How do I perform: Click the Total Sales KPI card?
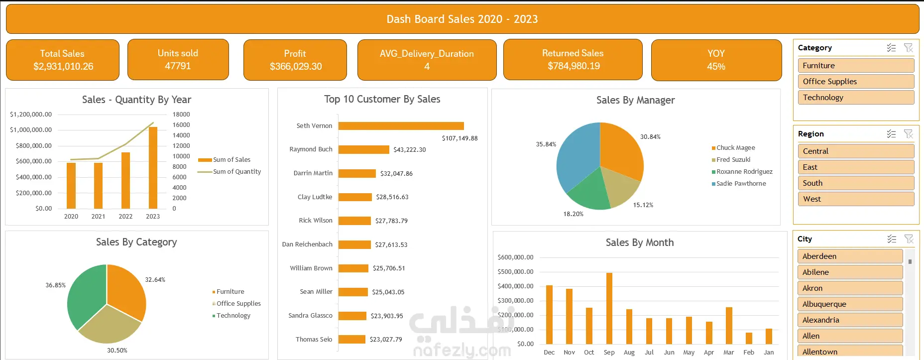[x=63, y=60]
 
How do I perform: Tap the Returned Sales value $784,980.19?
[x=574, y=66]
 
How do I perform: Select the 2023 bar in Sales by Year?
[x=153, y=168]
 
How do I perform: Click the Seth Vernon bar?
[x=401, y=126]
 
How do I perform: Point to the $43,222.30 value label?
[x=410, y=149]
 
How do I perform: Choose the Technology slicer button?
[x=856, y=97]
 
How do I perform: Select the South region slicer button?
[x=856, y=183]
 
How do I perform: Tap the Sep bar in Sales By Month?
[x=609, y=308]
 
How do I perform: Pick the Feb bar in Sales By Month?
[x=749, y=338]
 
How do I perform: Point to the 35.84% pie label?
[x=546, y=144]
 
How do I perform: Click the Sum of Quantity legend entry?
[x=230, y=171]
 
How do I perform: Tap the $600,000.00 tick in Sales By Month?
[x=515, y=257]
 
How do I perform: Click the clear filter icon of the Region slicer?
[x=909, y=134]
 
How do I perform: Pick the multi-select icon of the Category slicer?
[x=891, y=48]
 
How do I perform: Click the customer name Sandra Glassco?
[x=310, y=315]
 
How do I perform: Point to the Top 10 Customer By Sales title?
[x=382, y=99]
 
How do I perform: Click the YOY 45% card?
[x=716, y=60]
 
